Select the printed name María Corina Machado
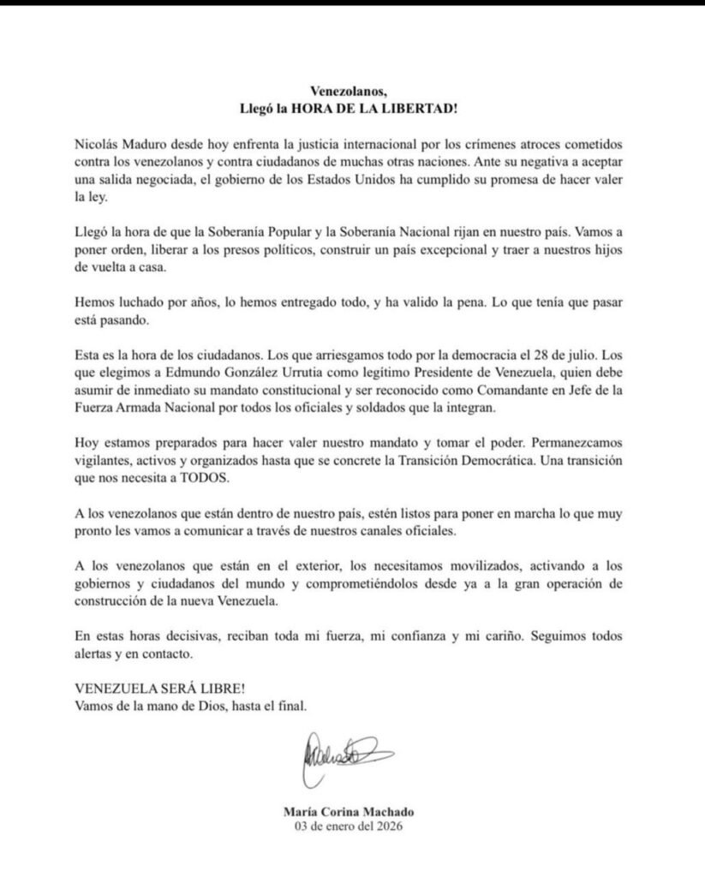tap(351, 812)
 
